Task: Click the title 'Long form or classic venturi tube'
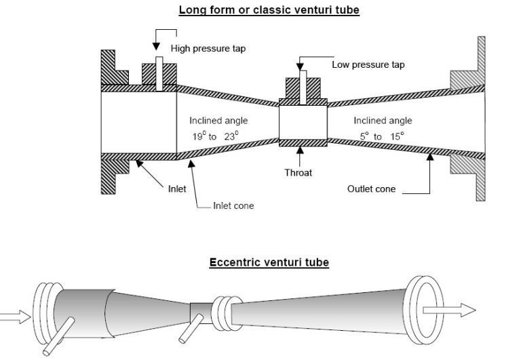click(269, 10)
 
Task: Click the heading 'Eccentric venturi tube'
click(269, 262)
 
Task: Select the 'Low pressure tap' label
click(368, 65)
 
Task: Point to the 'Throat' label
click(298, 173)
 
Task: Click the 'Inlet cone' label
click(233, 205)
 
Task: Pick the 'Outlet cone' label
click(371, 189)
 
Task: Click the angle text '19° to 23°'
click(214, 136)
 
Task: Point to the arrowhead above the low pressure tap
click(299, 65)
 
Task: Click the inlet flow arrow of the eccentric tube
click(14, 315)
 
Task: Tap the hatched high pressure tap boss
click(158, 74)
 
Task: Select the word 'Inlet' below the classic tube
click(177, 189)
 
